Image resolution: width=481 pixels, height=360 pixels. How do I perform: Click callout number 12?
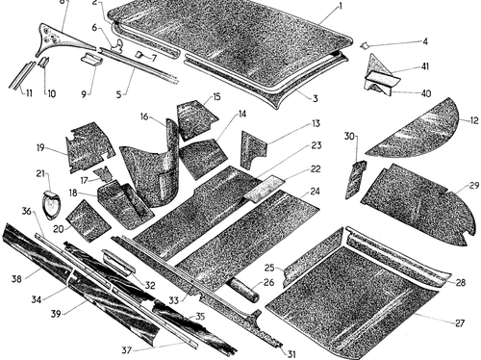(x=474, y=120)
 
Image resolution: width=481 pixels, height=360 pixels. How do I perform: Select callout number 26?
(x=268, y=282)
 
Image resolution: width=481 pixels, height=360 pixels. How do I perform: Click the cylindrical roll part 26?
(x=242, y=290)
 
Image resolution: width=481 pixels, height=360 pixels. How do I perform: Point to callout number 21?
(x=40, y=173)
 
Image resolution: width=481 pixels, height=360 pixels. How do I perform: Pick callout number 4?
(x=425, y=41)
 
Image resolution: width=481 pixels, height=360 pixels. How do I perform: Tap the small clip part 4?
(x=365, y=46)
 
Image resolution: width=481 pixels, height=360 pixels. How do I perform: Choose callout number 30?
(x=349, y=137)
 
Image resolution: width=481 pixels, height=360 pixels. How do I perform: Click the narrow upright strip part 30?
(x=355, y=180)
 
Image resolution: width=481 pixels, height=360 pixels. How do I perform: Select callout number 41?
(x=425, y=66)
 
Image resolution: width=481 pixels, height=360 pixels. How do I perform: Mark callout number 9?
(x=84, y=95)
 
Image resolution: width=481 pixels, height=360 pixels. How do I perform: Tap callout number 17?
(x=84, y=181)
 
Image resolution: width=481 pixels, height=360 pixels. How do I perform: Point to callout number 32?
(x=150, y=285)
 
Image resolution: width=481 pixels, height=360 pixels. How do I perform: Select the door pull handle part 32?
(x=118, y=262)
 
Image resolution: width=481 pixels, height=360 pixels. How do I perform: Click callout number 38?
(x=16, y=279)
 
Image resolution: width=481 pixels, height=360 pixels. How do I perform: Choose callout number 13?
(x=316, y=123)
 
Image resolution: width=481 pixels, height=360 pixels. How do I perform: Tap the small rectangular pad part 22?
(x=264, y=189)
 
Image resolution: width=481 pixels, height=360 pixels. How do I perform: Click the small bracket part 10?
(x=43, y=62)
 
